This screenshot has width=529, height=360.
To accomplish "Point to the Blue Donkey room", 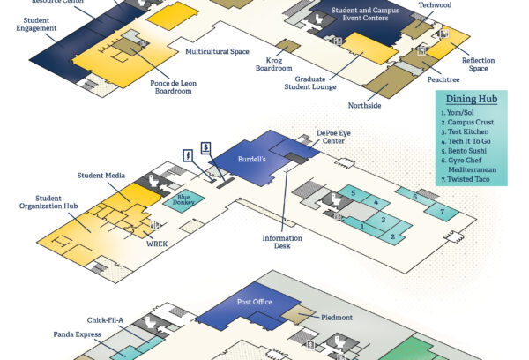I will [x=184, y=199].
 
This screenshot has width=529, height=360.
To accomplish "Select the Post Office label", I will [x=255, y=302].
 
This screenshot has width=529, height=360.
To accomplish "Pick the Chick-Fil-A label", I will [x=107, y=321].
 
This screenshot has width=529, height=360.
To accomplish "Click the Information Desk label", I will [x=282, y=243].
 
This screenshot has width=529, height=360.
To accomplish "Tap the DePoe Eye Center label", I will [x=334, y=137].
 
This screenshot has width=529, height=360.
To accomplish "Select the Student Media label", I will [x=100, y=176].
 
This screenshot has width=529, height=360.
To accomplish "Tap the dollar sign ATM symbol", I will [x=205, y=146].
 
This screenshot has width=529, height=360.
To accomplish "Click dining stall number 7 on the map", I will [x=433, y=211].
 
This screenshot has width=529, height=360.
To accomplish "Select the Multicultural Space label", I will [x=217, y=52].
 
